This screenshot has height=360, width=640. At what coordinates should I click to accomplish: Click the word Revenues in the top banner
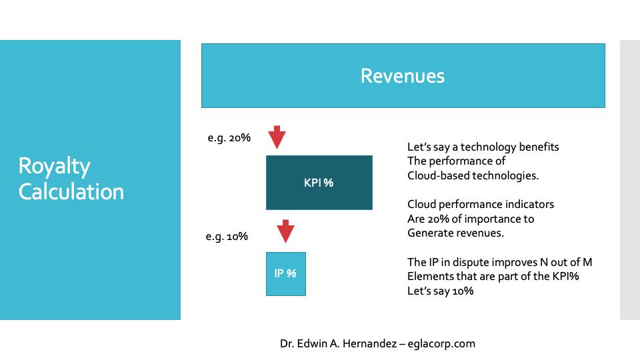click(403, 76)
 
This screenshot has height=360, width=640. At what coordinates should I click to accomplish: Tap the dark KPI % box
click(319, 183)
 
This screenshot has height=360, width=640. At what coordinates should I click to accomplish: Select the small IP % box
click(286, 274)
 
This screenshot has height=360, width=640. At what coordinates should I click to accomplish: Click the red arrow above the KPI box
click(277, 137)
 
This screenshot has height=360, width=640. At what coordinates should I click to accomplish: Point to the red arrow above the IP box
click(285, 231)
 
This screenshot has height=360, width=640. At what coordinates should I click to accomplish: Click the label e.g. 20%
click(229, 138)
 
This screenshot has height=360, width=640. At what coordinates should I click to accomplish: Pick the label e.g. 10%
click(227, 237)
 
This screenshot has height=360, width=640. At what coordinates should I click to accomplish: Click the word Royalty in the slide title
click(54, 167)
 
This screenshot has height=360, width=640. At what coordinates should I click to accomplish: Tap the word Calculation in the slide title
click(71, 192)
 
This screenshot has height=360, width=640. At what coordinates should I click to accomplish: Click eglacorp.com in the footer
click(441, 344)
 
